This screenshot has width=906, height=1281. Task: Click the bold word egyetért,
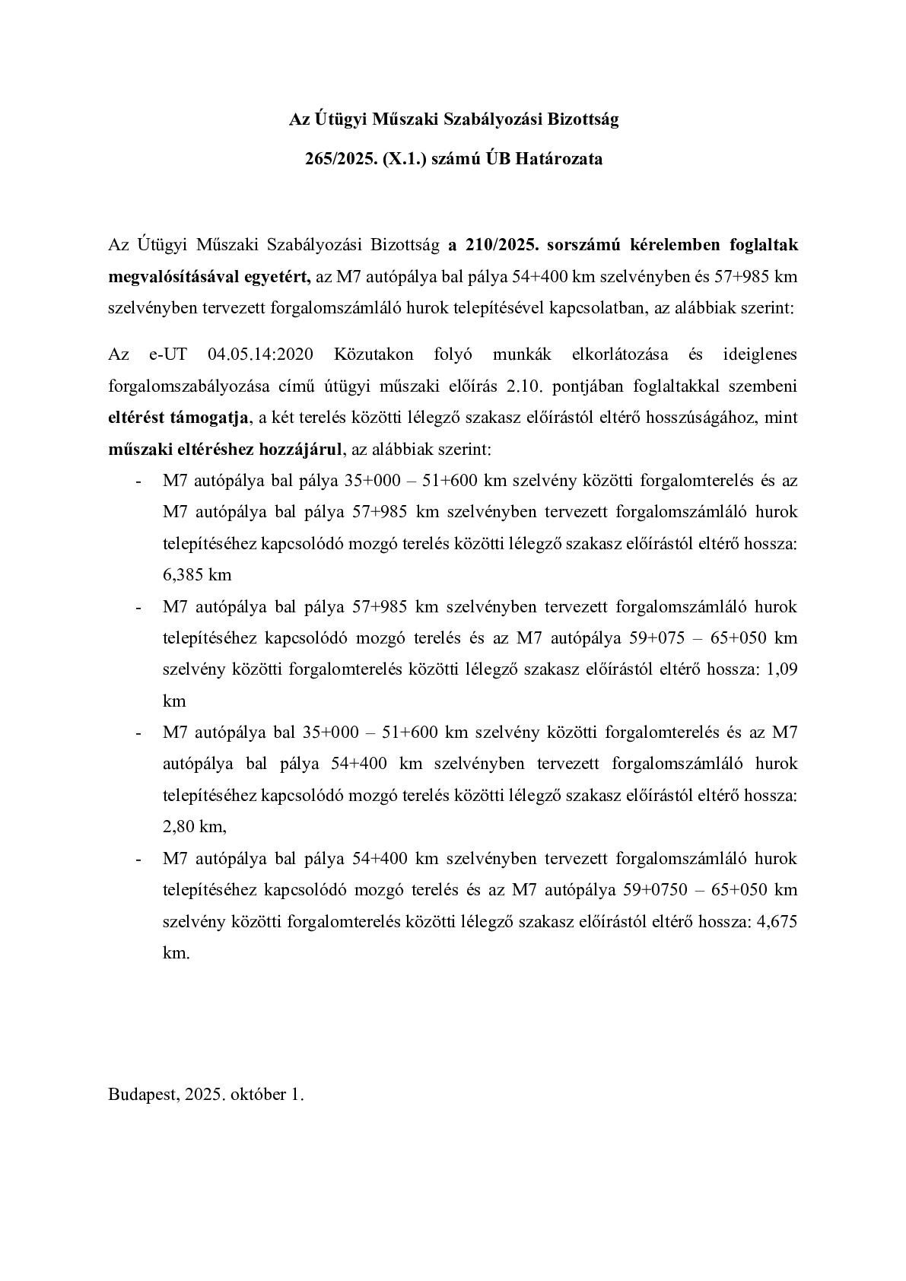[274, 277]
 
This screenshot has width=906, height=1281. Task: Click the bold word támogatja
[215, 418]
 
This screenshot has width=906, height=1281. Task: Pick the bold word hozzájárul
[300, 450]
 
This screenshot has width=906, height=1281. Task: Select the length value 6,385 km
[197, 575]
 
